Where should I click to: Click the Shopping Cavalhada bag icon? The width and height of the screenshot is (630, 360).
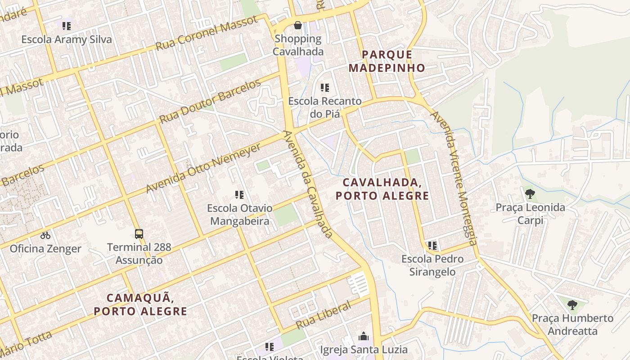coord(297,25)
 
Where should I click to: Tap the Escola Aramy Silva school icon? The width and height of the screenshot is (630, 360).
coord(67,26)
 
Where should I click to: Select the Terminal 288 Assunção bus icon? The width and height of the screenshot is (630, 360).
coord(139,234)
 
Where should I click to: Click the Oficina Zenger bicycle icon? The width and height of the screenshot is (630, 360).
coord(45,235)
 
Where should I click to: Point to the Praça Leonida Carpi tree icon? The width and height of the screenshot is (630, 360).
coord(530,194)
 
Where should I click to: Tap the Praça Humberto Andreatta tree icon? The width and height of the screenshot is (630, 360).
coord(572,305)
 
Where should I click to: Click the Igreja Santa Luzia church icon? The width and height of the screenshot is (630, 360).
coord(364,336)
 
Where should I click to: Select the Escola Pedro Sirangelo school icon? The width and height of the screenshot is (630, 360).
coord(432,246)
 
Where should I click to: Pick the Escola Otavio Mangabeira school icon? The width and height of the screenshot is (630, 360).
coord(239,195)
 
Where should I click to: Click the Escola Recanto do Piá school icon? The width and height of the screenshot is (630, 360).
coord(324,88)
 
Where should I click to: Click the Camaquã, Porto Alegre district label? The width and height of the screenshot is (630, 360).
coord(140,304)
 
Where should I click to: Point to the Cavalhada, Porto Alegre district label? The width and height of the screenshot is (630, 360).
coord(382,189)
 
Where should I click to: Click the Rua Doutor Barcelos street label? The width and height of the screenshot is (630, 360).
coord(210,102)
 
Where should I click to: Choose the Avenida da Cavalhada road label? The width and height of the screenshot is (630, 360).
coord(308,184)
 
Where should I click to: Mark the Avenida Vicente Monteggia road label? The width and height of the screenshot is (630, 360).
coord(454,178)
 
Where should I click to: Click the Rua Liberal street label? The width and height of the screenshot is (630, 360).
coord(323,315)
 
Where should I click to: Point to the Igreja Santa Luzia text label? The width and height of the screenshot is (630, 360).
coord(364,349)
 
